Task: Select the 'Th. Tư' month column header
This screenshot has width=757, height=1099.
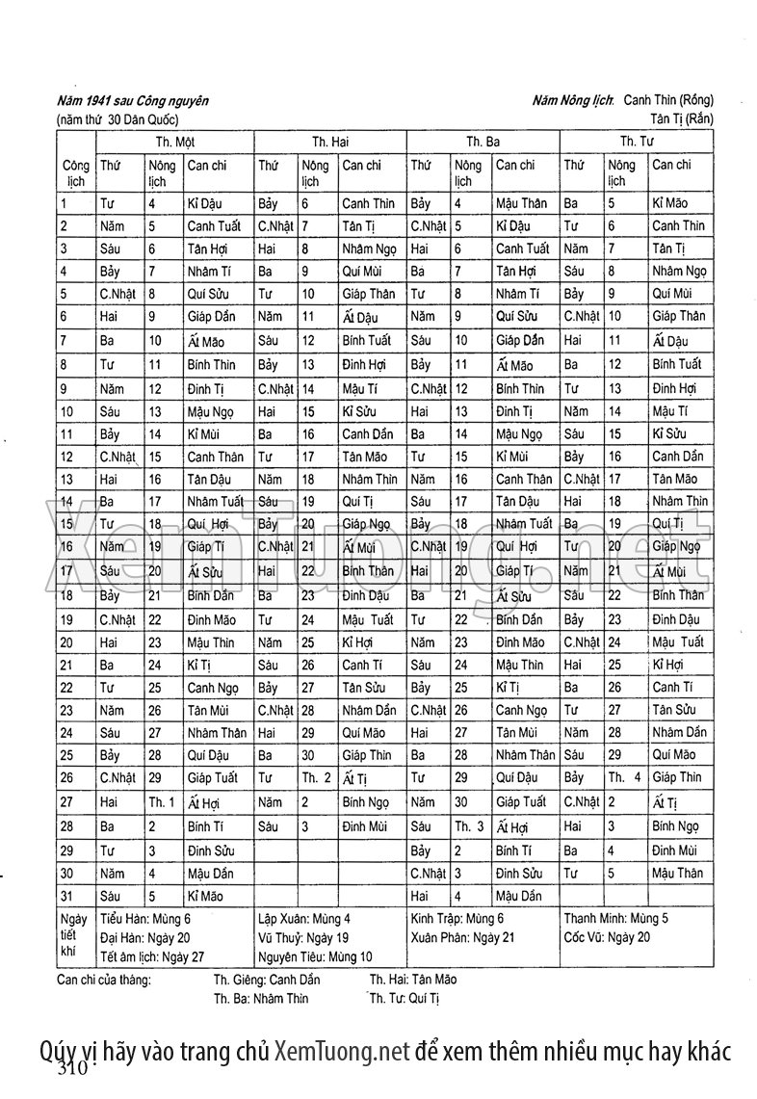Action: [637, 142]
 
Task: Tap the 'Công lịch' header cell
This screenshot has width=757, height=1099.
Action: [75, 172]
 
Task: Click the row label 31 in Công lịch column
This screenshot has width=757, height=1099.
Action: [66, 895]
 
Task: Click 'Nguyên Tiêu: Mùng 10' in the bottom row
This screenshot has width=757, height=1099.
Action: [315, 955]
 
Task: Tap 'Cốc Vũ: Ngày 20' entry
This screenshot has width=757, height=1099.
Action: [607, 936]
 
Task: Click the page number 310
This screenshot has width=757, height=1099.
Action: [72, 1069]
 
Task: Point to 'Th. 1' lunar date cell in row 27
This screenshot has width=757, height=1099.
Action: [161, 801]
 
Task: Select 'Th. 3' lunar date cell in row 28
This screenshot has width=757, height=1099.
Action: [469, 826]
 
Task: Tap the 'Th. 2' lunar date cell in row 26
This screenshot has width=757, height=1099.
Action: [316, 777]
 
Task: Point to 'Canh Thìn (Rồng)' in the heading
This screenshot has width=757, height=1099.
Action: [668, 100]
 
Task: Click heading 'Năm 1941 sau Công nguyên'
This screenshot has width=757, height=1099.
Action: [132, 100]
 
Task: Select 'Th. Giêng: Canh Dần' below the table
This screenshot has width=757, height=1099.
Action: [267, 980]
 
